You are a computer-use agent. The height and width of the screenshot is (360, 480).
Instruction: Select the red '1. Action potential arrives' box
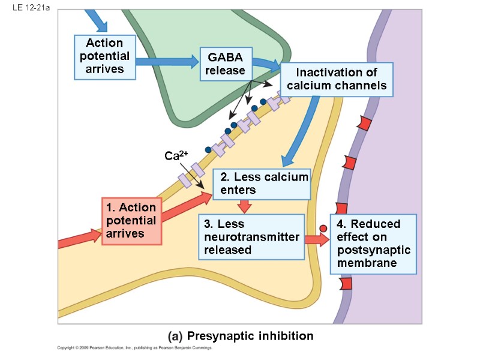coord(131,220)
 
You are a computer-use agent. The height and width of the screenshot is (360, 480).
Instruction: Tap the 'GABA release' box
coord(225,64)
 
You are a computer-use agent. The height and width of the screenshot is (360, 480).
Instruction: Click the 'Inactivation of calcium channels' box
coord(337,79)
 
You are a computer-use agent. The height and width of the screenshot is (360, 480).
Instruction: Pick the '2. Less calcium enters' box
coord(262,184)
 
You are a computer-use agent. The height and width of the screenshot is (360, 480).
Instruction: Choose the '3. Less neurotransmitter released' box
coord(251,236)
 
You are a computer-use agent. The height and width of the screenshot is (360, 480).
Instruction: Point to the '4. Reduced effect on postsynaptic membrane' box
coord(373,243)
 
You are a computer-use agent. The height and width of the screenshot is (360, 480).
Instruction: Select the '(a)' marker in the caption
coord(175,336)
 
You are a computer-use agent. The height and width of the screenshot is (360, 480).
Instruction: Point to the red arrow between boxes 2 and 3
coord(244,206)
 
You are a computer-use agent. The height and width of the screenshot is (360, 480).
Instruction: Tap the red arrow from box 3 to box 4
coord(317,239)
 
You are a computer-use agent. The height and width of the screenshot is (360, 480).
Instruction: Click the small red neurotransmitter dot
coord(323,228)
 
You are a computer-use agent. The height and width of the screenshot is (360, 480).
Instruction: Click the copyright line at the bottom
coord(135,348)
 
